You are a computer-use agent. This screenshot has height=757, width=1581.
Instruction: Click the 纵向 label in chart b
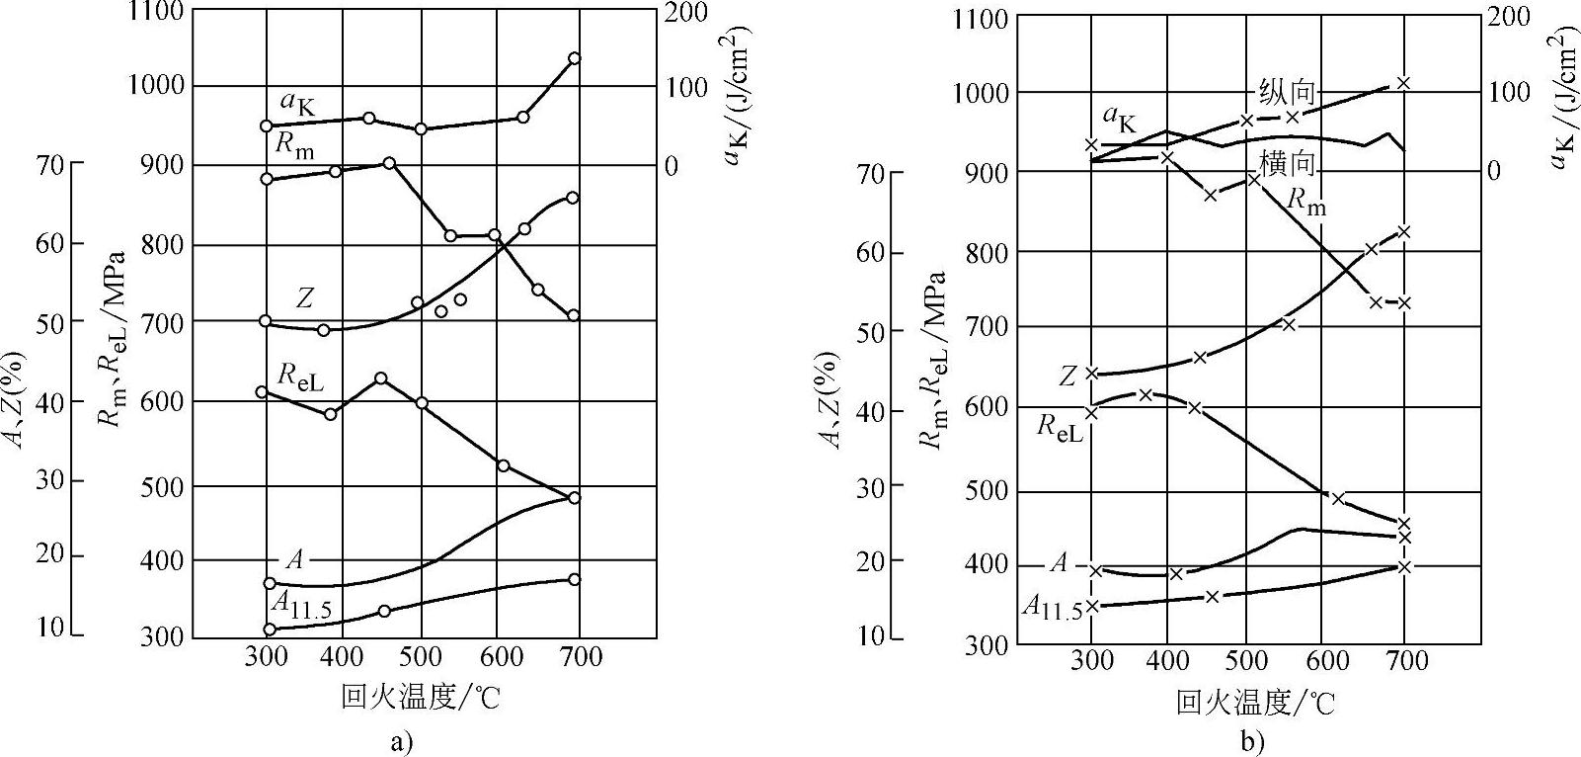pos(1287,92)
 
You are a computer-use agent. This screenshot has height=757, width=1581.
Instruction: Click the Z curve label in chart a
pos(305,297)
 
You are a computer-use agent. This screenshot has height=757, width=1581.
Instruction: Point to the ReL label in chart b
pos(1060,427)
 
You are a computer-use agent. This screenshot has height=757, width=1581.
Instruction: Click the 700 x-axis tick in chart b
pos(1403,661)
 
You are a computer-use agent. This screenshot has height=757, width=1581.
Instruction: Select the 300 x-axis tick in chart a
pos(266,656)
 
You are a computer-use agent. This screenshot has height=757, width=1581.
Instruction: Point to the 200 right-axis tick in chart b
pos(1508,17)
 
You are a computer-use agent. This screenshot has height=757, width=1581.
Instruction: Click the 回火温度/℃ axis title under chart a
pos(421,699)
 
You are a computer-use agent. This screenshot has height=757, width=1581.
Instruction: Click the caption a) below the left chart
pos(400,741)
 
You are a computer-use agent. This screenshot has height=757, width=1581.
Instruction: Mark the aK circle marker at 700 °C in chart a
pos(575,58)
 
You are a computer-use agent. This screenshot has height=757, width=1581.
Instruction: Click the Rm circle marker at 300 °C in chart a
pos(266,179)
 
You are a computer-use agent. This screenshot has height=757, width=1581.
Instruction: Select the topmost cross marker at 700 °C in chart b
pos(1403,83)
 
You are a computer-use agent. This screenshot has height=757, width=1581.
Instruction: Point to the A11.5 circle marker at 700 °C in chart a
pos(574,579)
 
